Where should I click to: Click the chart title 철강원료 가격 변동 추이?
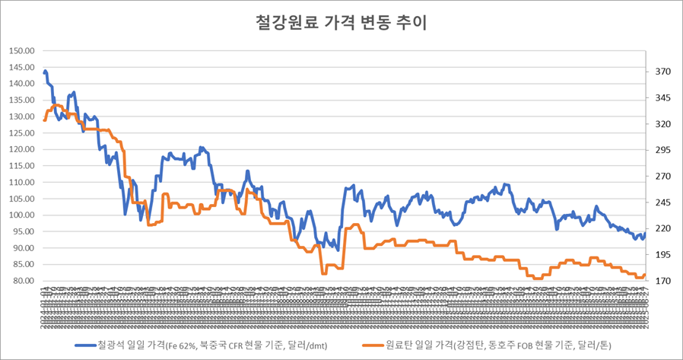[341, 22]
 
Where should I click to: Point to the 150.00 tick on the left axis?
[22, 51]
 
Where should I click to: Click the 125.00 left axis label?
[22, 133]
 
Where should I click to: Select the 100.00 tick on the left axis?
[22, 215]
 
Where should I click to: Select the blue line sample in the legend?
[84, 345]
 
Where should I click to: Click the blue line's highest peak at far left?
[46, 71]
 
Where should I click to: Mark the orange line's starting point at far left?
[45, 119]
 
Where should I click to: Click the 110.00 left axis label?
[22, 183]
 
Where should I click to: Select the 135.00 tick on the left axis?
[22, 100]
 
